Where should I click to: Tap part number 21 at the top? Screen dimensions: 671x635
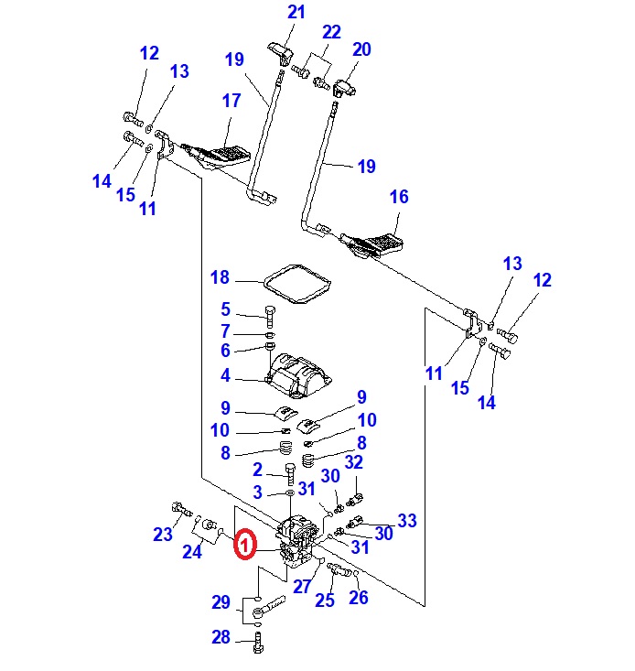296,13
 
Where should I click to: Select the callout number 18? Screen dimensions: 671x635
220,278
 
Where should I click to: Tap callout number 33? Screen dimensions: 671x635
406,521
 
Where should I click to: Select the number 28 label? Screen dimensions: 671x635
221,638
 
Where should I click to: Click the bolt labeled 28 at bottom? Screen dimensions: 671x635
258,645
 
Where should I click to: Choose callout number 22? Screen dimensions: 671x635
331,32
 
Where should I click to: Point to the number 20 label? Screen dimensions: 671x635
361,49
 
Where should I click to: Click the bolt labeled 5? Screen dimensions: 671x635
271,318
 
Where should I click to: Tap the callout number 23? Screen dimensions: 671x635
162,535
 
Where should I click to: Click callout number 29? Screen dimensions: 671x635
221,602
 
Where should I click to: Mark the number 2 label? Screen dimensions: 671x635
258,470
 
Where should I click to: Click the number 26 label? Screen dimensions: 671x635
359,598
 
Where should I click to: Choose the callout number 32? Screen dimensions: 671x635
354,462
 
